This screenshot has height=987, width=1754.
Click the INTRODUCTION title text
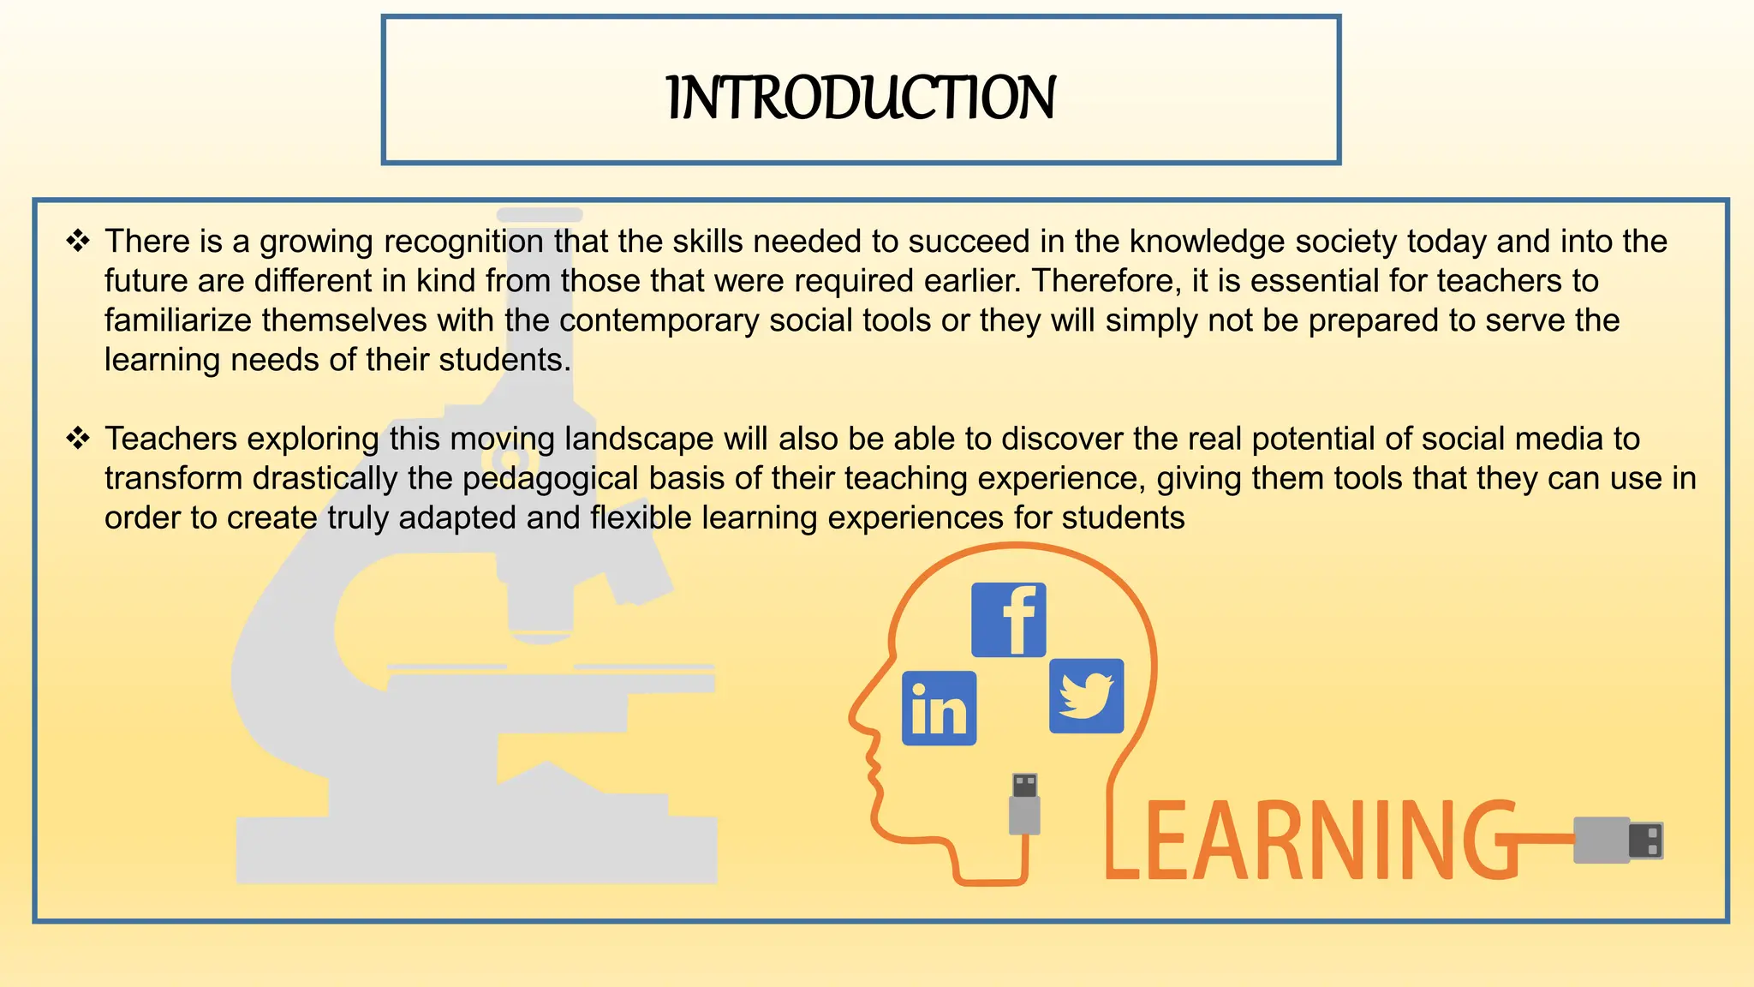[x=861, y=98]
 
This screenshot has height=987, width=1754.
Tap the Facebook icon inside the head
[x=1008, y=619]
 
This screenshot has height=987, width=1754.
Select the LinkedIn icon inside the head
[x=939, y=708]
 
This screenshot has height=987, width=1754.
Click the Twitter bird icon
[x=1086, y=696]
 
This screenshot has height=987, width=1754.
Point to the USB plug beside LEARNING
[x=1618, y=840]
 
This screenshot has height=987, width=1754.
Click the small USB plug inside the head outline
[x=1024, y=804]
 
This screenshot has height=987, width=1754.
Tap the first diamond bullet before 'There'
[x=78, y=242]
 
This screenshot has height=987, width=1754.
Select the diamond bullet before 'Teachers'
[x=78, y=439]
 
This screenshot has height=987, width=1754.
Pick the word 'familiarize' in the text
[x=179, y=320]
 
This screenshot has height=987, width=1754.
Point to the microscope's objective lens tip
[x=540, y=635]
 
